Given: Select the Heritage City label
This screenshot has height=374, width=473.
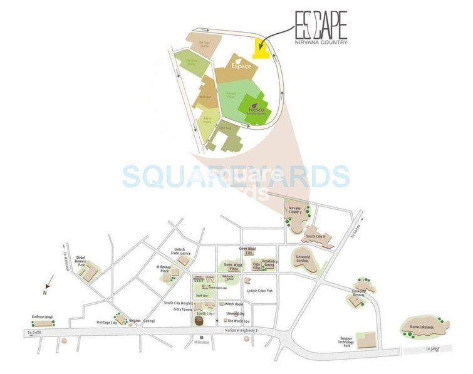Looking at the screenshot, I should click(x=105, y=322).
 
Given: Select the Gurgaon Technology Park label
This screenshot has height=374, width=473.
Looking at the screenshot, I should click(x=345, y=342).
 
